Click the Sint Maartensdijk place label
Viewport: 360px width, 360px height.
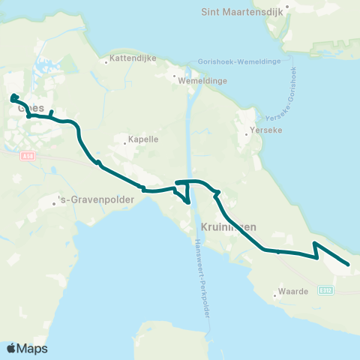pos(239,11)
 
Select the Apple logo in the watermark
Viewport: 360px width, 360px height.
pos(11,348)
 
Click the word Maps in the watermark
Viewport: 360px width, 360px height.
pos(33,348)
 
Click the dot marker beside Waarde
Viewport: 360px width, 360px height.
pos(275,295)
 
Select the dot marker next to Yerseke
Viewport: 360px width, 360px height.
pos(247,136)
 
